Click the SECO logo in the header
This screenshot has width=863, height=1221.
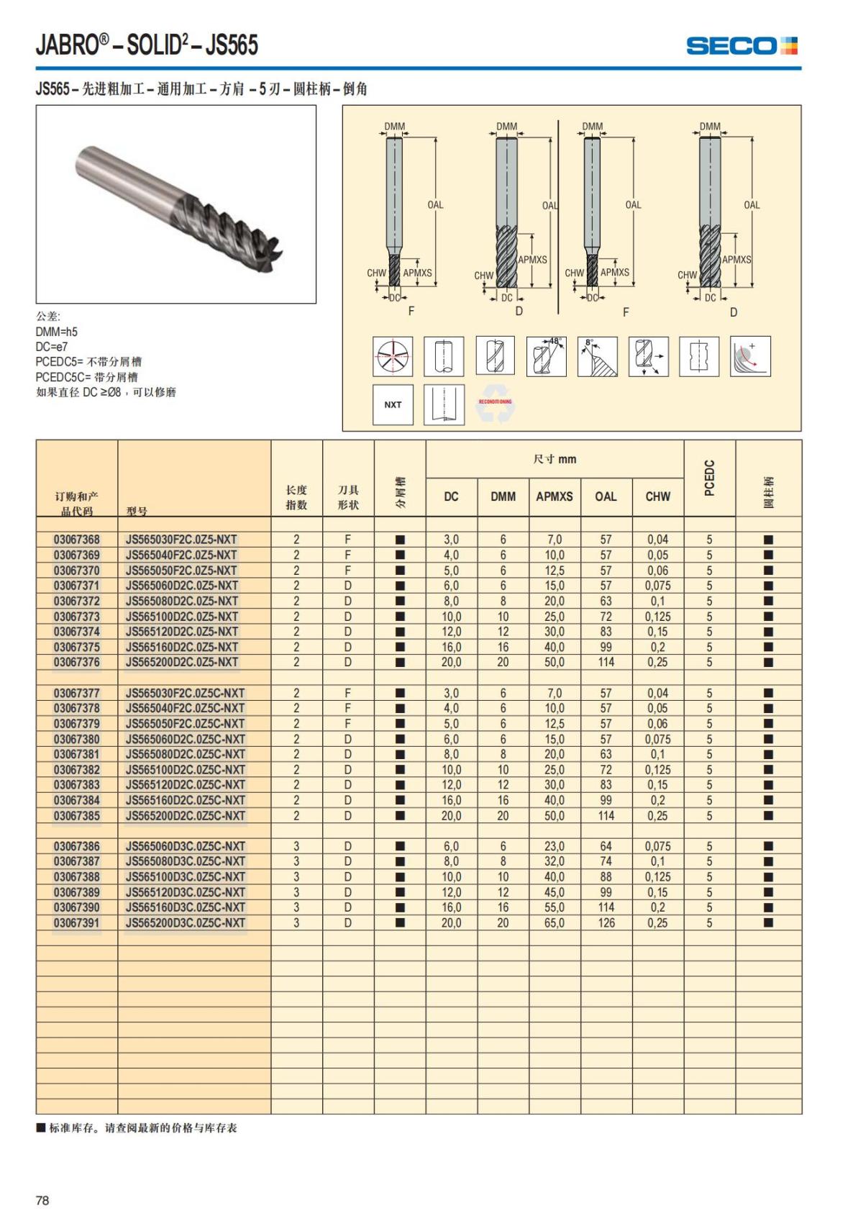(741, 46)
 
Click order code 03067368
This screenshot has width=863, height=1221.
(77, 540)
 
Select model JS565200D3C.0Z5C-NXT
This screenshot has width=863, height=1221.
(186, 923)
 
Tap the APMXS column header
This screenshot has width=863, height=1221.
(554, 496)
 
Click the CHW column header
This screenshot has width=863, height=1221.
(657, 496)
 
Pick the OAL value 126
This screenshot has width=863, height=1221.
(606, 923)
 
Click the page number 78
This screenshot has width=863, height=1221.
(42, 1200)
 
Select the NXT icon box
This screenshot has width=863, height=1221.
(393, 404)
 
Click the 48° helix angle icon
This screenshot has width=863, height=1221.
(546, 356)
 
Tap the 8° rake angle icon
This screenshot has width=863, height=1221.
(597, 356)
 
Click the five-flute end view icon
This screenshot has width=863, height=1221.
(393, 356)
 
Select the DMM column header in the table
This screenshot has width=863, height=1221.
(503, 496)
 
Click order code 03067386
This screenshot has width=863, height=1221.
(77, 847)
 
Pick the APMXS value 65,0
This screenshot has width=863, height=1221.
(554, 923)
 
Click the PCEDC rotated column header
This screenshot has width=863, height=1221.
(710, 478)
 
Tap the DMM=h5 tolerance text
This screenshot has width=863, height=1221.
(57, 332)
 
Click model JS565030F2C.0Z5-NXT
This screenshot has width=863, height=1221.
(181, 540)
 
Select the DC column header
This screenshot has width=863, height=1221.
(452, 496)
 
